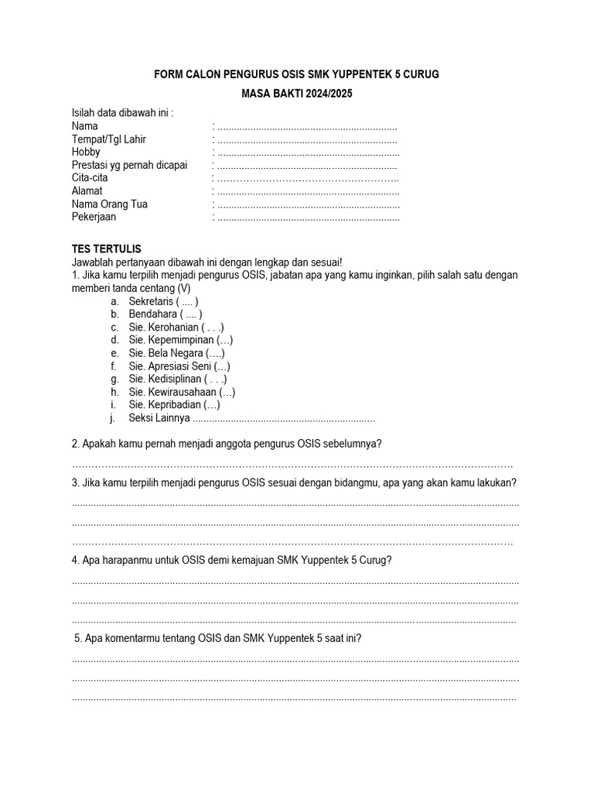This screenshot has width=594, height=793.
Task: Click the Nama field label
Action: point(85,126)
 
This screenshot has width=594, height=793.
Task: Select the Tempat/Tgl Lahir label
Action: point(109,139)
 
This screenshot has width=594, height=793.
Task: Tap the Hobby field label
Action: point(86,153)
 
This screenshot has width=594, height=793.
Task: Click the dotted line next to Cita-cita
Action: point(307,178)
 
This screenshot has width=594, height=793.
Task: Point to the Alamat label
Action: point(87,191)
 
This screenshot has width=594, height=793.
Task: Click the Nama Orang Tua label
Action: point(110,204)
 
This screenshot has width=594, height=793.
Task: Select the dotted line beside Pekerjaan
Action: point(309,218)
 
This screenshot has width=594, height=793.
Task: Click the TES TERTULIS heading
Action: point(107,249)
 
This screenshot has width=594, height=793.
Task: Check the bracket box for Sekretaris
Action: point(187,301)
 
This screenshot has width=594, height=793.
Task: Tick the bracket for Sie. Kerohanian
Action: point(213,328)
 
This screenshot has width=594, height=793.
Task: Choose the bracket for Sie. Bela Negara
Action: point(215,353)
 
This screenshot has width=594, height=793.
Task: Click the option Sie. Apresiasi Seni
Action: point(179,366)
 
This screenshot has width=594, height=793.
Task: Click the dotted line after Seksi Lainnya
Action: point(283,419)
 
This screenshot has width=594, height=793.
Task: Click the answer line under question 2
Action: point(292,465)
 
